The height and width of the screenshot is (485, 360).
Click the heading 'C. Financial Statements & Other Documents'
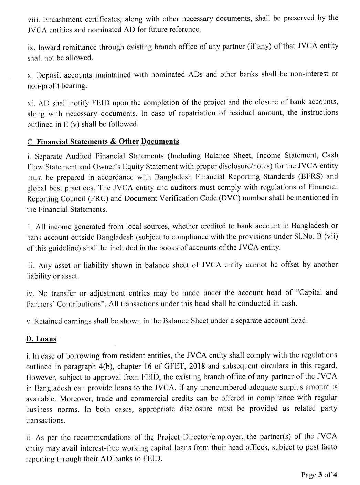click(103, 142)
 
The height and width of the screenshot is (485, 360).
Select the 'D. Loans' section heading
click(41, 339)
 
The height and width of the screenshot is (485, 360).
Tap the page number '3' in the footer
click(320, 475)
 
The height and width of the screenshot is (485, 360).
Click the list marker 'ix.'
click(31, 47)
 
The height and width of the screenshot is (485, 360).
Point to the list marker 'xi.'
click(32, 103)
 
